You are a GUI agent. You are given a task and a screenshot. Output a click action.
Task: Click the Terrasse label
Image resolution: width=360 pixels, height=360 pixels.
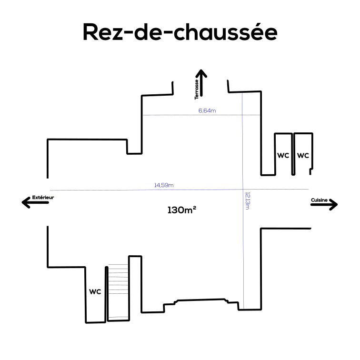click(x=196, y=89)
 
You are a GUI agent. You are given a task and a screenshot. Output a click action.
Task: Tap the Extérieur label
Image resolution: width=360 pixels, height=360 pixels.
click(x=43, y=197)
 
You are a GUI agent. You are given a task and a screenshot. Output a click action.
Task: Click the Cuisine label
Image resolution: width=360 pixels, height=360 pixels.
click(x=319, y=200)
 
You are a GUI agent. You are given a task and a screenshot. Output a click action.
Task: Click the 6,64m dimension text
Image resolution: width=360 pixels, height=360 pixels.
click(x=207, y=111)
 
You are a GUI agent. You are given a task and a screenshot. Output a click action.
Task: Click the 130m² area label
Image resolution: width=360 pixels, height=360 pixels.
click(x=181, y=210)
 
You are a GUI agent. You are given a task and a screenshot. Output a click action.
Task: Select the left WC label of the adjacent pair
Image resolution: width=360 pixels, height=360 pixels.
click(x=283, y=156)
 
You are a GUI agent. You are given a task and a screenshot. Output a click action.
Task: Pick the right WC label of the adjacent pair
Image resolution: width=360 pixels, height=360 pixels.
click(x=303, y=156)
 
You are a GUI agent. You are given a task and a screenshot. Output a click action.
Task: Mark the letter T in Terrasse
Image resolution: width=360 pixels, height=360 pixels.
click(x=196, y=98)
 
